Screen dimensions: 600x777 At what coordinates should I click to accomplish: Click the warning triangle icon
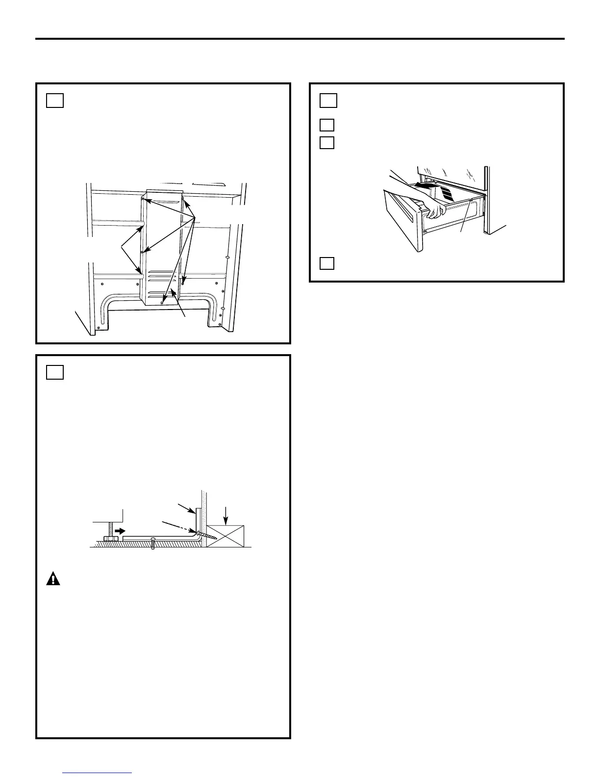[53, 579]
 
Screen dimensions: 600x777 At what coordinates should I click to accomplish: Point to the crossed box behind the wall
[225, 536]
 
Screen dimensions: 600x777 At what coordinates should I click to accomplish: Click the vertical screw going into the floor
[153, 544]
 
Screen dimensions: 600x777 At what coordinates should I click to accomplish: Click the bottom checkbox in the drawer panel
[327, 263]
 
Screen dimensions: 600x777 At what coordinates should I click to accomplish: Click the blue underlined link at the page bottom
[98, 774]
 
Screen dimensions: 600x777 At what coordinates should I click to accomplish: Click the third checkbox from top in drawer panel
[327, 143]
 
